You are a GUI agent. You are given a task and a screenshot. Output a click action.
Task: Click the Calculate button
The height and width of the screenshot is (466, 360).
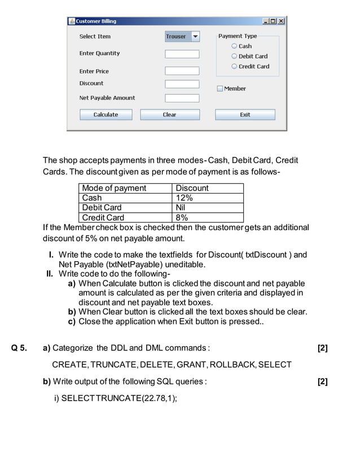(106, 115)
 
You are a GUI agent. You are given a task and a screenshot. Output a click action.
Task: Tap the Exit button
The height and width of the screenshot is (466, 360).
(245, 115)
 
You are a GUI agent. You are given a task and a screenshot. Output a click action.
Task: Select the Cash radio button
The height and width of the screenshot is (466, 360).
(234, 46)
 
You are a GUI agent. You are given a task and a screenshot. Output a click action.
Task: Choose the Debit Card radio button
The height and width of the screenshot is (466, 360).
(234, 56)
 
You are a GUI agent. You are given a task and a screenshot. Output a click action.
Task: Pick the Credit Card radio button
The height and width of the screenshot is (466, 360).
(234, 67)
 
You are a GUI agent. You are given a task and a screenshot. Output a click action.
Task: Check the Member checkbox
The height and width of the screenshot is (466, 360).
(220, 89)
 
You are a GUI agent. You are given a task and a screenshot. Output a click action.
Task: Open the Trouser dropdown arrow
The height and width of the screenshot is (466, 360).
(195, 37)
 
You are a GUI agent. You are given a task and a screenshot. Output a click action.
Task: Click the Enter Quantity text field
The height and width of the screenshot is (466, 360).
(182, 54)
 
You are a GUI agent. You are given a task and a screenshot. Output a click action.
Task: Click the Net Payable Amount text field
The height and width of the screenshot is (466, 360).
(182, 98)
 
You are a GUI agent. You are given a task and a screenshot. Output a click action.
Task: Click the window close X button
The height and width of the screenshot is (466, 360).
(281, 21)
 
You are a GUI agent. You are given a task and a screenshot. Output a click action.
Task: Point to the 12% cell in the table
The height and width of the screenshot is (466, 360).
(185, 198)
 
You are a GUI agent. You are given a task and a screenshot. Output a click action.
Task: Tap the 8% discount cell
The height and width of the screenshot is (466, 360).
(182, 218)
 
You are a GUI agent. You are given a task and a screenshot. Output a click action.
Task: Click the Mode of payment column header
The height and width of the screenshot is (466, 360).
(114, 188)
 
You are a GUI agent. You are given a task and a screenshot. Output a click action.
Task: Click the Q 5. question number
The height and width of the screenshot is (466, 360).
(19, 348)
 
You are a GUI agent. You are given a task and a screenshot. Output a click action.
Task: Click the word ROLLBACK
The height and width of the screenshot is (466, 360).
(233, 364)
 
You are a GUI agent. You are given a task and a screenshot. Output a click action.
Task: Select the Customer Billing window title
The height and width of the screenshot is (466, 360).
(96, 21)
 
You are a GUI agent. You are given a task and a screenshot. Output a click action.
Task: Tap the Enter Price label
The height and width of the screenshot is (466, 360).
(94, 72)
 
